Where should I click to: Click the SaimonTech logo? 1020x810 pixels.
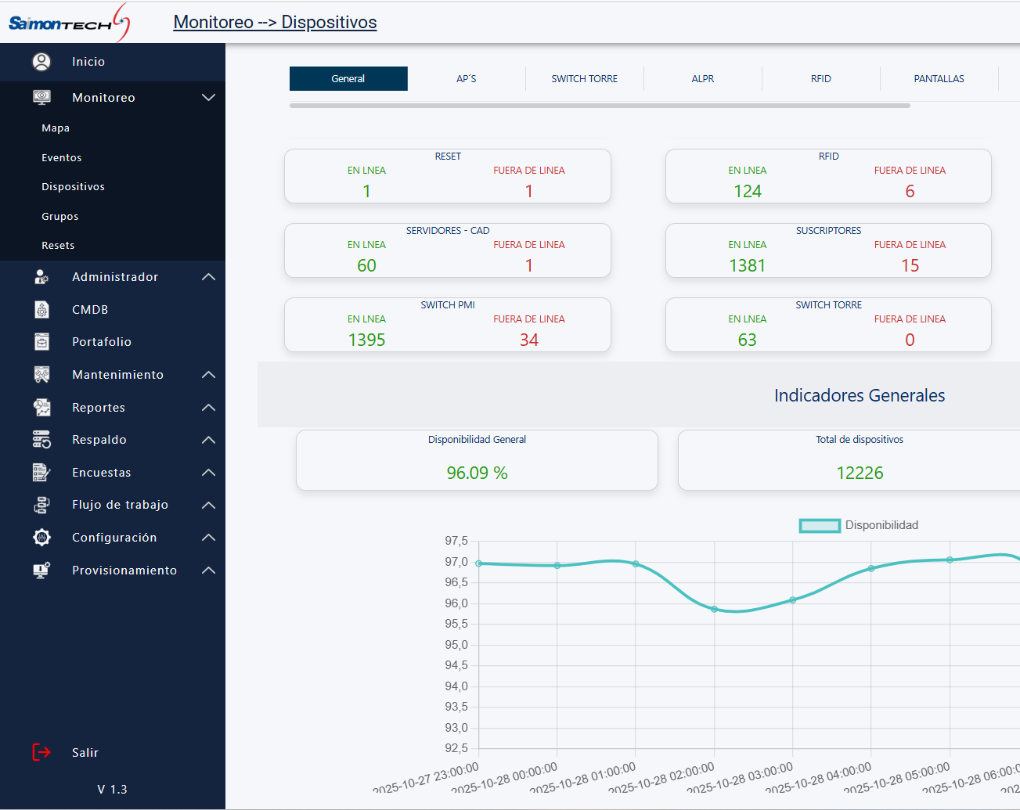(x=69, y=23)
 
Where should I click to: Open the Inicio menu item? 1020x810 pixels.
(x=88, y=62)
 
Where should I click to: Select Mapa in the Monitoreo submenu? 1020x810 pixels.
(x=56, y=128)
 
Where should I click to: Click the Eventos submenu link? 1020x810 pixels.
(x=61, y=157)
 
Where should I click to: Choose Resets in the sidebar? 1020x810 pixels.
(x=58, y=246)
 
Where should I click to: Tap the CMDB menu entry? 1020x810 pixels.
(x=90, y=310)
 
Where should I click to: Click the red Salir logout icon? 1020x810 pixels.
(x=41, y=752)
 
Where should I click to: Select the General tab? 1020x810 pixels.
(x=348, y=79)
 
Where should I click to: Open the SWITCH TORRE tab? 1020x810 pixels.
(x=584, y=79)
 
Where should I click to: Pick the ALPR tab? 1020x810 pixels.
(x=702, y=79)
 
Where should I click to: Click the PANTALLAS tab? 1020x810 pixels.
(x=939, y=79)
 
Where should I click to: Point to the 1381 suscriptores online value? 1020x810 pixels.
(x=747, y=266)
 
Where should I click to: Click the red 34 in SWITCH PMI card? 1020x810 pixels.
(x=529, y=340)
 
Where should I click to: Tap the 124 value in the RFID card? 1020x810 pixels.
(x=747, y=192)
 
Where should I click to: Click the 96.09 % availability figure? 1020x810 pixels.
(x=477, y=473)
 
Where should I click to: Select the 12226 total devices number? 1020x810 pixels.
(x=860, y=473)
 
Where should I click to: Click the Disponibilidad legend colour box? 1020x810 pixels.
(x=820, y=526)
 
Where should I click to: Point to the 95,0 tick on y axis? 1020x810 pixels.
(x=456, y=645)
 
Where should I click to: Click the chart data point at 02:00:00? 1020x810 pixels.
(x=714, y=609)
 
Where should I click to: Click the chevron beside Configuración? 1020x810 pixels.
(x=208, y=538)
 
